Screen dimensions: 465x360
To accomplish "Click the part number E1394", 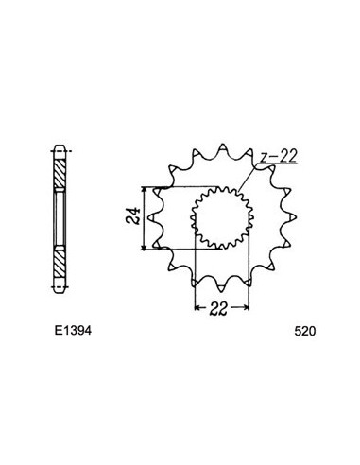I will click(71, 334).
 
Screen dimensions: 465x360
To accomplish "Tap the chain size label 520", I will click(303, 334).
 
